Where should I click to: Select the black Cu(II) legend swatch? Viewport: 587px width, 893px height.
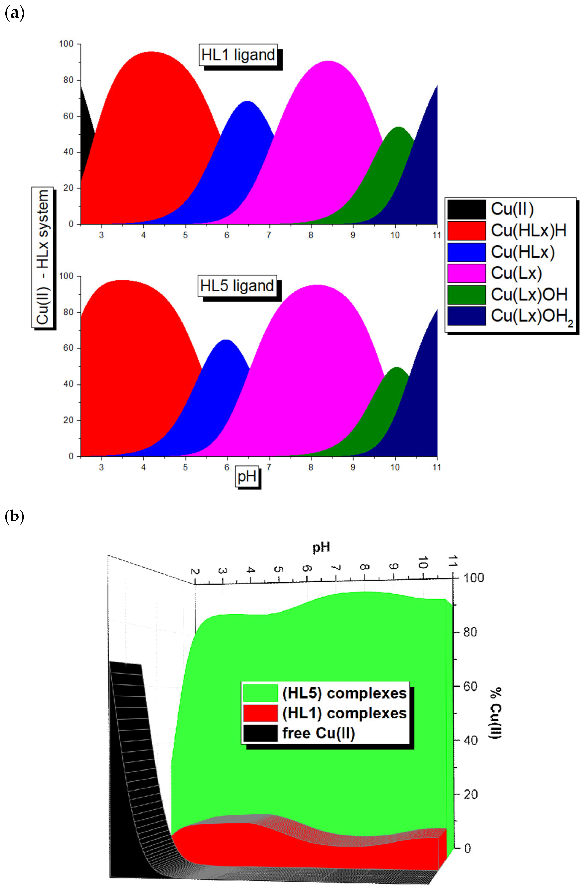(466, 209)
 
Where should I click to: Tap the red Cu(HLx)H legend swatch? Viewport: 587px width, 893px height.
(466, 230)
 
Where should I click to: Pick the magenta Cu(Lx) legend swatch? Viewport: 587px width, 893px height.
(466, 273)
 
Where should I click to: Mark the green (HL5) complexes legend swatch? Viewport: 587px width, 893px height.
(260, 693)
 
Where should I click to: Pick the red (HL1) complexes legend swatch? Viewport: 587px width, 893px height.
(260, 713)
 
